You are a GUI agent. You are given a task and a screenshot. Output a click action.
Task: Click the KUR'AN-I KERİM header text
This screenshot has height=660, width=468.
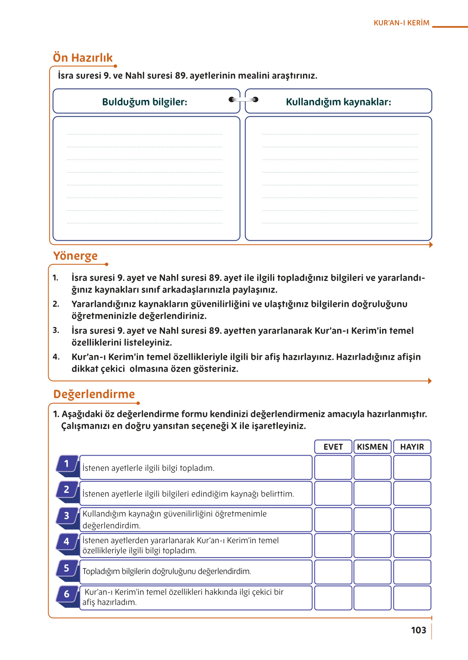[x=401, y=23]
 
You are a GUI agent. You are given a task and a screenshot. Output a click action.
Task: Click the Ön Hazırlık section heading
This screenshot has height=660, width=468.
[x=83, y=58]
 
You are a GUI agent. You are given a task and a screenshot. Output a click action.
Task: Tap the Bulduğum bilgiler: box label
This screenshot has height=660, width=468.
[x=144, y=102]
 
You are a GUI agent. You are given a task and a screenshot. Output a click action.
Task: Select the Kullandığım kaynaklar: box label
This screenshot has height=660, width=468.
[x=338, y=102]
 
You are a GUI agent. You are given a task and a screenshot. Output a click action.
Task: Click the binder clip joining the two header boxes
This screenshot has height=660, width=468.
[x=243, y=100]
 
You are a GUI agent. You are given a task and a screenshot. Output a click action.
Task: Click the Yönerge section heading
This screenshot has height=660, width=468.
[x=75, y=256]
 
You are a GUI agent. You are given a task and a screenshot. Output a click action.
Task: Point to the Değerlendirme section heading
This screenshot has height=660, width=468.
[x=94, y=394]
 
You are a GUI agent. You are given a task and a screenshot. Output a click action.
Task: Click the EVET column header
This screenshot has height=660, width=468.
[x=333, y=447]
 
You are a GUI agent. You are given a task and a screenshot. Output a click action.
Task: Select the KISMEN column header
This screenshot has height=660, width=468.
[x=372, y=447]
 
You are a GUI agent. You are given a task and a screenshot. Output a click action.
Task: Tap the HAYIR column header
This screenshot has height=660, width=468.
[x=412, y=447]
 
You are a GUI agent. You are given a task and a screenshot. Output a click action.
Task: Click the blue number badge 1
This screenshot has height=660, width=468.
[x=67, y=464]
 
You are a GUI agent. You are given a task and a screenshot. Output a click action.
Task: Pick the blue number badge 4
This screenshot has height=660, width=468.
[x=67, y=542]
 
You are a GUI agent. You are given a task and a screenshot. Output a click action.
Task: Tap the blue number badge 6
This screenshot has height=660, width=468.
[x=67, y=594]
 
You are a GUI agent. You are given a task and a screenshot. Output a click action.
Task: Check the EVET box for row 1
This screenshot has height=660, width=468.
[x=333, y=467]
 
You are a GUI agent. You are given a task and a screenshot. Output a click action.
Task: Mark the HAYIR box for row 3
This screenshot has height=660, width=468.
[x=412, y=520]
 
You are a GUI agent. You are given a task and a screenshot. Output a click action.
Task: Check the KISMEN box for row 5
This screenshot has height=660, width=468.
[x=372, y=572]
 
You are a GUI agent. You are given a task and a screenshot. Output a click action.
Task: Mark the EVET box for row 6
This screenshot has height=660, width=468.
[x=333, y=597]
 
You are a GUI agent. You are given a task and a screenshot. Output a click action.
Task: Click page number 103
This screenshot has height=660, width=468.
[x=418, y=630]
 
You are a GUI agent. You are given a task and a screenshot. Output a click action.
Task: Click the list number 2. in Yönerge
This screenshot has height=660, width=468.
[x=56, y=304]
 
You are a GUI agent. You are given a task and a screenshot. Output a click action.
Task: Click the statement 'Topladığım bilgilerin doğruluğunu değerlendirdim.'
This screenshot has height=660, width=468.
[x=167, y=572]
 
